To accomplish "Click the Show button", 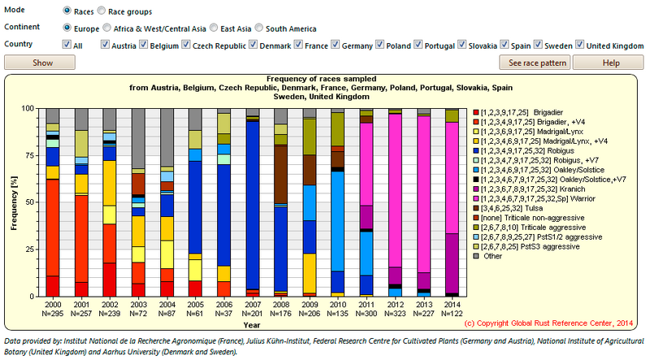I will (x=41, y=63).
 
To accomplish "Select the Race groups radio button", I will (x=102, y=11).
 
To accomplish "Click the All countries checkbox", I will (x=67, y=45).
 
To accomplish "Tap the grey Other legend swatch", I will (x=476, y=255).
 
